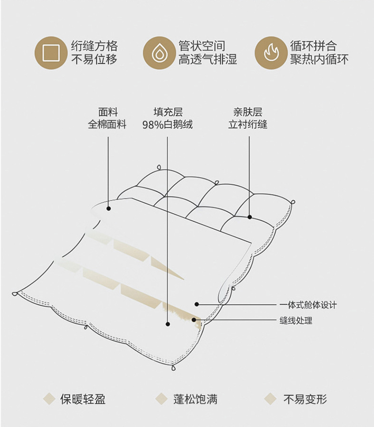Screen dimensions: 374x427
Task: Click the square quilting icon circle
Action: [x=51, y=53]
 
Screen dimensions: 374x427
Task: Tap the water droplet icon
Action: [x=160, y=53]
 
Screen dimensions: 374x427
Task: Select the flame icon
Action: [x=271, y=53]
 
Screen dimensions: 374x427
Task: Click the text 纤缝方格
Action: [x=94, y=46]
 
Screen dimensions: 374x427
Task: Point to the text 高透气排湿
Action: [x=207, y=59]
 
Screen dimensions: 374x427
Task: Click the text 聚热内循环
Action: [x=319, y=59]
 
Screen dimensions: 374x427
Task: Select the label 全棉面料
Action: [x=107, y=124]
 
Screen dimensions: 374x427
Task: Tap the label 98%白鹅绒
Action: [x=168, y=125]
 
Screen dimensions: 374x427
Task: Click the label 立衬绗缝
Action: [x=248, y=124]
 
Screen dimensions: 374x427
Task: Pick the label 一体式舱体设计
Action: [x=308, y=305]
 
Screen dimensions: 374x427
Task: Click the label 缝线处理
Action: [x=296, y=320]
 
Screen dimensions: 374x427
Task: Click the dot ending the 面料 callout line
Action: [x=108, y=209]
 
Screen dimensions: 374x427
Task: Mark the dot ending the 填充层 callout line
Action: [x=168, y=324]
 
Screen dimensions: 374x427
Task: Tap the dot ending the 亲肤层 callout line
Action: [x=249, y=217]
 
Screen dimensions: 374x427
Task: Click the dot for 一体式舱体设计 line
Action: [x=196, y=304]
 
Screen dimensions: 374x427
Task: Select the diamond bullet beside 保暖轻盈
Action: [x=49, y=399]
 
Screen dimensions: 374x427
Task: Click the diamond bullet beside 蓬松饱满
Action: [x=161, y=399]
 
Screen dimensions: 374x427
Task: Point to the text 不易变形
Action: [x=305, y=399]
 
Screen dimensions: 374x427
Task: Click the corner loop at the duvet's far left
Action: [x=15, y=294]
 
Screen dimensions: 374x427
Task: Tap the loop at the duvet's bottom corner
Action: [x=174, y=368]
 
